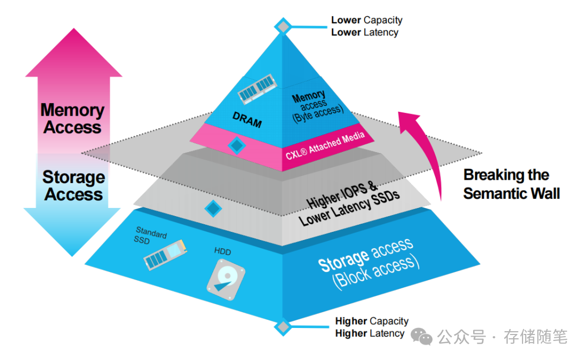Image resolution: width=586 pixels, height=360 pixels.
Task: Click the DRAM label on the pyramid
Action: coord(247,120)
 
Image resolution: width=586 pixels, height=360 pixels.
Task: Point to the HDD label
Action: coord(222,251)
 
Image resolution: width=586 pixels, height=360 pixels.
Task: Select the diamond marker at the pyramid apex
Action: coord(282,26)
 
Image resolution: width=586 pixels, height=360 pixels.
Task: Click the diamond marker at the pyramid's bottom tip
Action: coord(282,327)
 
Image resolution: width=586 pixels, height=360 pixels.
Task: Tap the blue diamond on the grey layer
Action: coord(213,207)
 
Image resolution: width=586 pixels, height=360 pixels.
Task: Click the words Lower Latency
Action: coord(365,33)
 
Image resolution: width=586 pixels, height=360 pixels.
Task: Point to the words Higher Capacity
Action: coord(372,321)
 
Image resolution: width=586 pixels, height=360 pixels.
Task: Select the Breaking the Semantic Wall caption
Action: coord(511,184)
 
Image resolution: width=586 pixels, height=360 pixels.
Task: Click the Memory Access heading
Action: coord(72,118)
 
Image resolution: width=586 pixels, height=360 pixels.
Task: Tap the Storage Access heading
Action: coord(73,186)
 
